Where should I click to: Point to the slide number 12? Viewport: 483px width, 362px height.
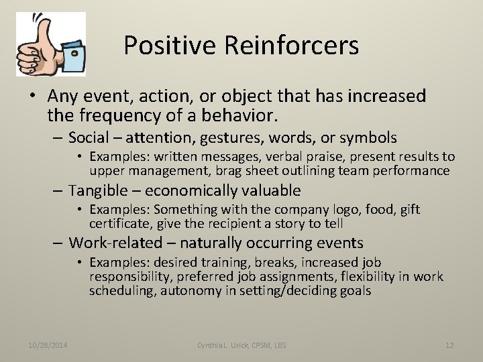(449, 345)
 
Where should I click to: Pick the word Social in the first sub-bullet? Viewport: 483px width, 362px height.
(89, 138)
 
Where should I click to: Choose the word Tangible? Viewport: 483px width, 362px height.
(99, 190)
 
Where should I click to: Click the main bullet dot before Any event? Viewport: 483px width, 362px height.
(32, 97)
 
